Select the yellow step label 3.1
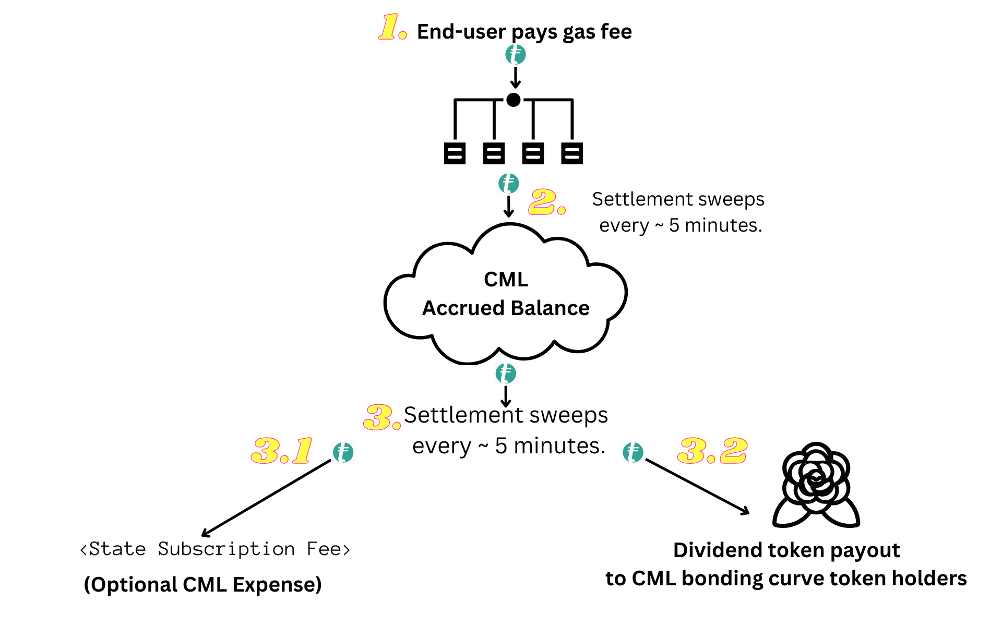[282, 451]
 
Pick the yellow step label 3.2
[712, 451]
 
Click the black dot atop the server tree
[514, 100]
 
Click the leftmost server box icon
[455, 153]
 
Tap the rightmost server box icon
[572, 153]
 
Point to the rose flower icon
[816, 485]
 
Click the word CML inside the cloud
[506, 280]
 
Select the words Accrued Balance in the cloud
[506, 308]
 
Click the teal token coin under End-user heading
[516, 54]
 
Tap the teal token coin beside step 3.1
[343, 452]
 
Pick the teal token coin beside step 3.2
[633, 452]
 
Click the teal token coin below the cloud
[506, 374]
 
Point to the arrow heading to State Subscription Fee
[266, 498]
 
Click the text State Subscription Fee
[214, 549]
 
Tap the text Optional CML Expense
[203, 585]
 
